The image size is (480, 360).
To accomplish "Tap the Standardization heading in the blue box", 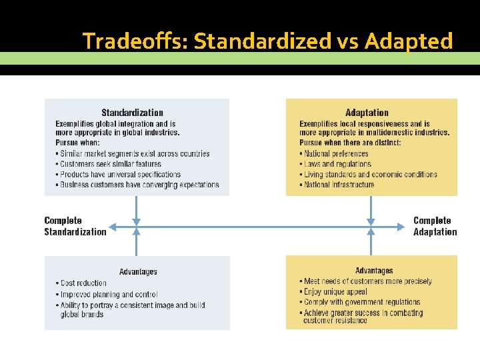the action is click(132, 113).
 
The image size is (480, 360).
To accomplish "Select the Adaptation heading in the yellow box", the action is click(367, 113).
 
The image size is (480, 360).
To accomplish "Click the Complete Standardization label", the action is click(75, 226).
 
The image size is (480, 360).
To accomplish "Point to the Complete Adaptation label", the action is click(435, 226).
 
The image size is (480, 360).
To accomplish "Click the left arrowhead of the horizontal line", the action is click(111, 227).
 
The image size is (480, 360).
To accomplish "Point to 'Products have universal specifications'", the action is click(120, 175).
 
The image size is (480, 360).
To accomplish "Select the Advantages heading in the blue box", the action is click(138, 271).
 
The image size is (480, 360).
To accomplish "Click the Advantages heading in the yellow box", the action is click(374, 271).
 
